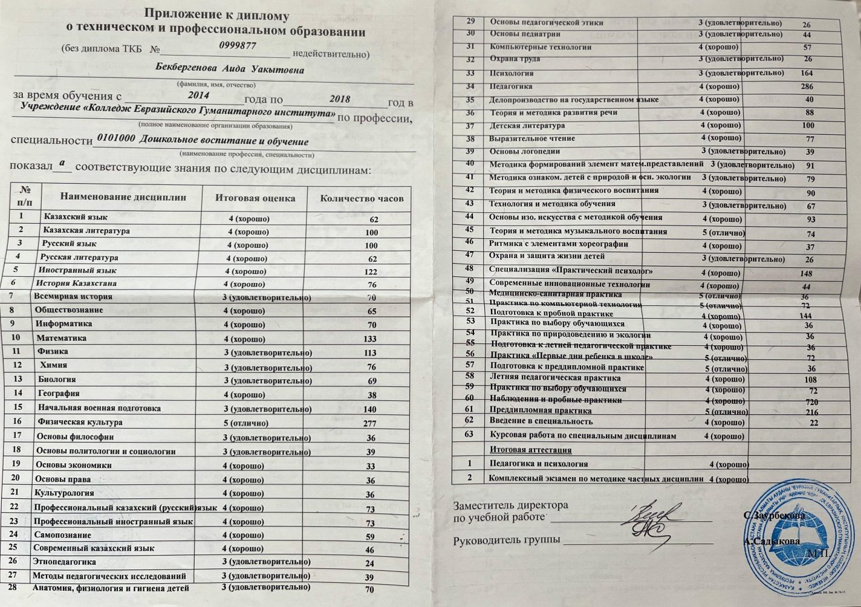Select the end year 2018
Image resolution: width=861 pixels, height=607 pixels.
(x=340, y=99)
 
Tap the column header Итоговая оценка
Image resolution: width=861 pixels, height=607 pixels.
(x=255, y=198)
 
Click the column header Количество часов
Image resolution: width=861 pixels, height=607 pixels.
(x=362, y=198)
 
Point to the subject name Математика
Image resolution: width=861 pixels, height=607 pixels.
(x=61, y=338)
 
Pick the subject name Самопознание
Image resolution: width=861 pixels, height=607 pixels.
(x=62, y=535)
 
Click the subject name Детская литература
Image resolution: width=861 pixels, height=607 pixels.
(x=527, y=126)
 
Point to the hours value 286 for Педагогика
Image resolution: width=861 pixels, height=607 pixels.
(x=807, y=87)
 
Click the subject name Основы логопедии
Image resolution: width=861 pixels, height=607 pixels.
(x=524, y=151)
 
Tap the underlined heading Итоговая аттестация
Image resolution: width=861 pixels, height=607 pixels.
(x=530, y=450)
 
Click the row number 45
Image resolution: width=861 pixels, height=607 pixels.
(x=470, y=230)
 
